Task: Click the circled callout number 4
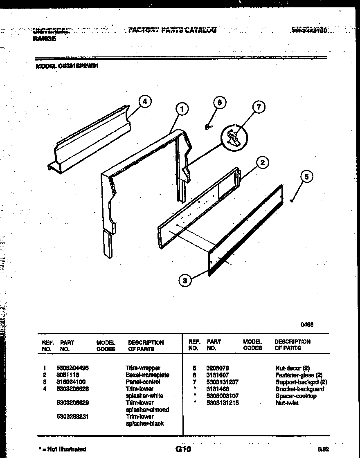(144, 102)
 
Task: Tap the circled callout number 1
(182, 109)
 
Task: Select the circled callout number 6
(220, 103)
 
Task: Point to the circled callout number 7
(258, 108)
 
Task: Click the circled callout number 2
(262, 163)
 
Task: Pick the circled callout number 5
(306, 177)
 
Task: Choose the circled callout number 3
(185, 280)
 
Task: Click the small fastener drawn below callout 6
(208, 127)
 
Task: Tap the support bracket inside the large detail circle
(233, 137)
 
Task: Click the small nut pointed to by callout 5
(291, 201)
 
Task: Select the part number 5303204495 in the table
(72, 368)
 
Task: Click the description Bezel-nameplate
(147, 375)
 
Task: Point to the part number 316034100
(70, 382)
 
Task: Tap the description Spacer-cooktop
(296, 396)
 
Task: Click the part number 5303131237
(223, 382)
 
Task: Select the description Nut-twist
(287, 403)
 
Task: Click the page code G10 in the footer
(183, 449)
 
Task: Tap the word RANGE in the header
(44, 39)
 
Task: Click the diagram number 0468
(307, 325)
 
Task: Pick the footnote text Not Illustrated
(67, 449)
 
